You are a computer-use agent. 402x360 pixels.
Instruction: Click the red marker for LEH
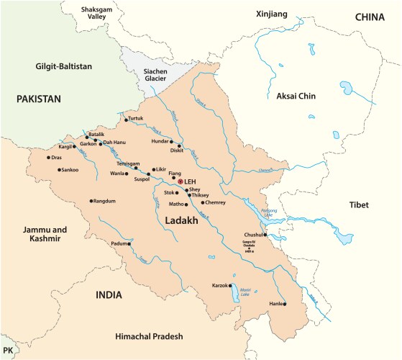point(181,181)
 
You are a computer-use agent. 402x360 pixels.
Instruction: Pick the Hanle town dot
point(284,305)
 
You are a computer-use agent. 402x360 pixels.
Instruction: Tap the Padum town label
point(118,243)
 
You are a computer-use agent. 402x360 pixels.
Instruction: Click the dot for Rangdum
point(91,201)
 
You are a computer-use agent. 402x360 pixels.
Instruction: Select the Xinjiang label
point(272,14)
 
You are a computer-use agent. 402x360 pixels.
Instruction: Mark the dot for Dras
point(49,158)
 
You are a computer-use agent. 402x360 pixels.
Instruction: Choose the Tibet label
point(357,205)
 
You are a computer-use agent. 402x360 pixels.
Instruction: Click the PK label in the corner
point(8,348)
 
